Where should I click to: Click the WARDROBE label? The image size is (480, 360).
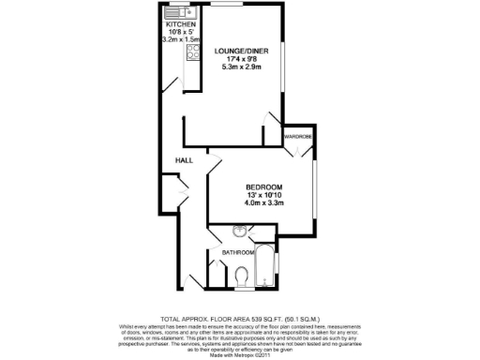pos(298,138)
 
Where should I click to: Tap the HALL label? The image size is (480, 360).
pos(184,161)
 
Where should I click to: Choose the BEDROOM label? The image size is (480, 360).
pos(263,187)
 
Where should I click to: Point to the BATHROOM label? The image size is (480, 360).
pos(238,252)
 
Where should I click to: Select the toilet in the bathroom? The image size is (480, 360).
pos(242,275)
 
